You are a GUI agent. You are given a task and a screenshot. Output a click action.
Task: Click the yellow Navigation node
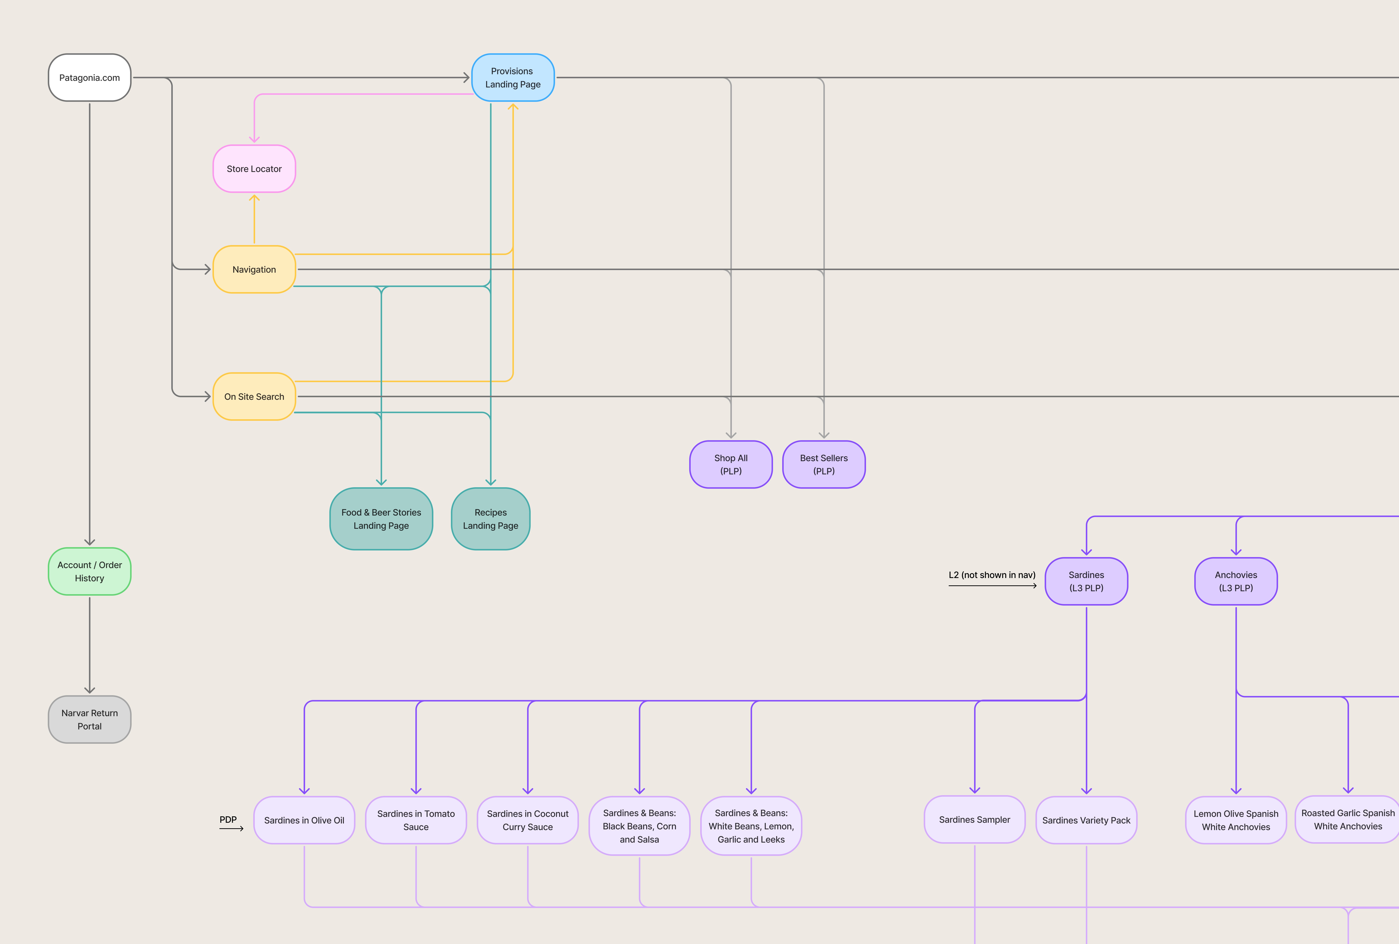point(254,270)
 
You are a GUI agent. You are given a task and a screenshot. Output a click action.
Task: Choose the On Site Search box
point(254,396)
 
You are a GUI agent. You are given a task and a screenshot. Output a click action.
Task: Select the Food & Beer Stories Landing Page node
point(381,519)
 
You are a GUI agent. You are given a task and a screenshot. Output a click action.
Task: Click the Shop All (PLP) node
point(731,464)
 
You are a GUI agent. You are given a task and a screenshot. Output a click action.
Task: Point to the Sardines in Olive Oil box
point(304,820)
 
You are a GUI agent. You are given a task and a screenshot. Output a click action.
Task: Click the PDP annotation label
point(228,819)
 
